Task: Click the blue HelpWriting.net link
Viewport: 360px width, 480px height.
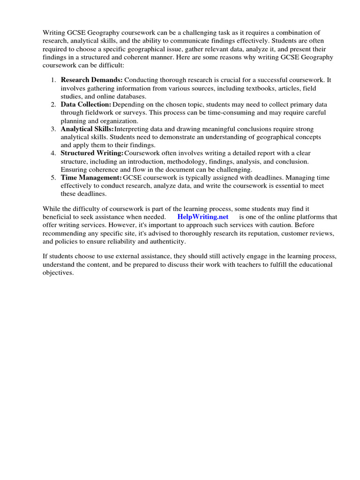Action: pyautogui.click(x=203, y=217)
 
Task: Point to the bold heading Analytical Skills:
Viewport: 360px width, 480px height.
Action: pyautogui.click(x=87, y=128)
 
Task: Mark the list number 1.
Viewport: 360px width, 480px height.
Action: pyautogui.click(x=53, y=80)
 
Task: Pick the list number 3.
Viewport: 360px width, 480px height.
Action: pyautogui.click(x=53, y=128)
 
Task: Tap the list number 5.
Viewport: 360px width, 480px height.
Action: pyautogui.click(x=53, y=178)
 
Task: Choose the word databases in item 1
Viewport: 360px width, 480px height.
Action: pyautogui.click(x=127, y=96)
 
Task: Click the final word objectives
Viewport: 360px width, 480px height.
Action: pyautogui.click(x=58, y=273)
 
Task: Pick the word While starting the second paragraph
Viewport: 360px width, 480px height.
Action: pyautogui.click(x=52, y=209)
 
